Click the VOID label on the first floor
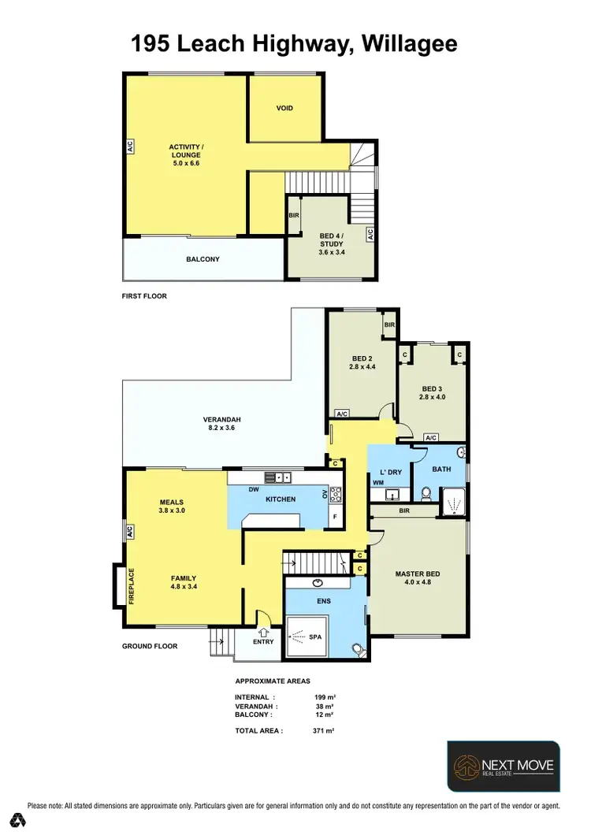(x=284, y=108)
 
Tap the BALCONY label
(x=203, y=259)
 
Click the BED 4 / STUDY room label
(x=331, y=240)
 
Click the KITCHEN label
(x=280, y=499)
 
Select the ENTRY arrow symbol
(x=263, y=630)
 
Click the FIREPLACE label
(x=132, y=586)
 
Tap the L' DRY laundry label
(x=391, y=472)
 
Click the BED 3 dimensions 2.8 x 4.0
(x=433, y=397)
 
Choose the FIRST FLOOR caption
(x=144, y=296)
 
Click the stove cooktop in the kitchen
(x=335, y=495)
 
